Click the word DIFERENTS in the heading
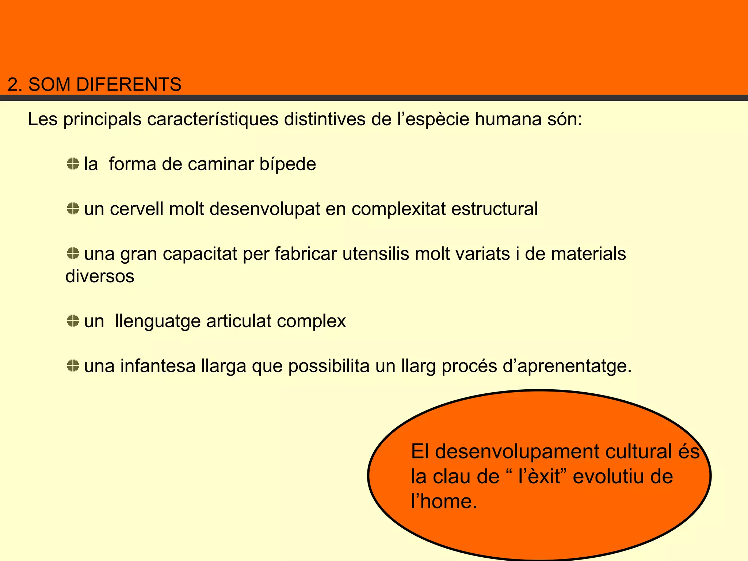pos(129,84)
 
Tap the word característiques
pos(213,119)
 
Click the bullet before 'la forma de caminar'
pos(73,164)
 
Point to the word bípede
pos(287,164)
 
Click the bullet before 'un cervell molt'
pos(73,209)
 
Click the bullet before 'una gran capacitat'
pos(73,253)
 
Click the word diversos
pos(100,276)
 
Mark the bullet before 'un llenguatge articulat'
pos(73,321)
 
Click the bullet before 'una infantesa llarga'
pos(73,366)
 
